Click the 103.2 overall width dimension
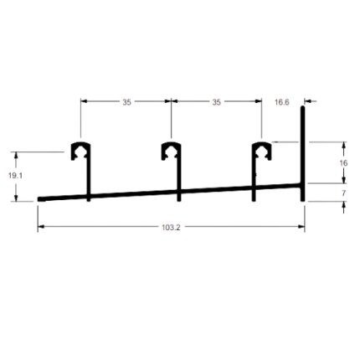point(171,228)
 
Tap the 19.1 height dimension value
point(15,176)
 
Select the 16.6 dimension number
point(282,102)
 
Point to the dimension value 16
point(343,163)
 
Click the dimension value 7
point(343,193)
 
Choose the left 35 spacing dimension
point(126,102)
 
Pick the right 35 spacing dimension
point(216,102)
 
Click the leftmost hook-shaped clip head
point(80,151)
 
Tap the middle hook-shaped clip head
point(171,151)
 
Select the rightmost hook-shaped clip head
point(262,151)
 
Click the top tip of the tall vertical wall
point(302,106)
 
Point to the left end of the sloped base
point(39,199)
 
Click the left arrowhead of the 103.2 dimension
point(41,227)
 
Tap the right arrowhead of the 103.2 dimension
point(301,227)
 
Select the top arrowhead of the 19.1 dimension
point(16,155)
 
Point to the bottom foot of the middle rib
point(179,199)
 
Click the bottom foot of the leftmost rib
point(89,199)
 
